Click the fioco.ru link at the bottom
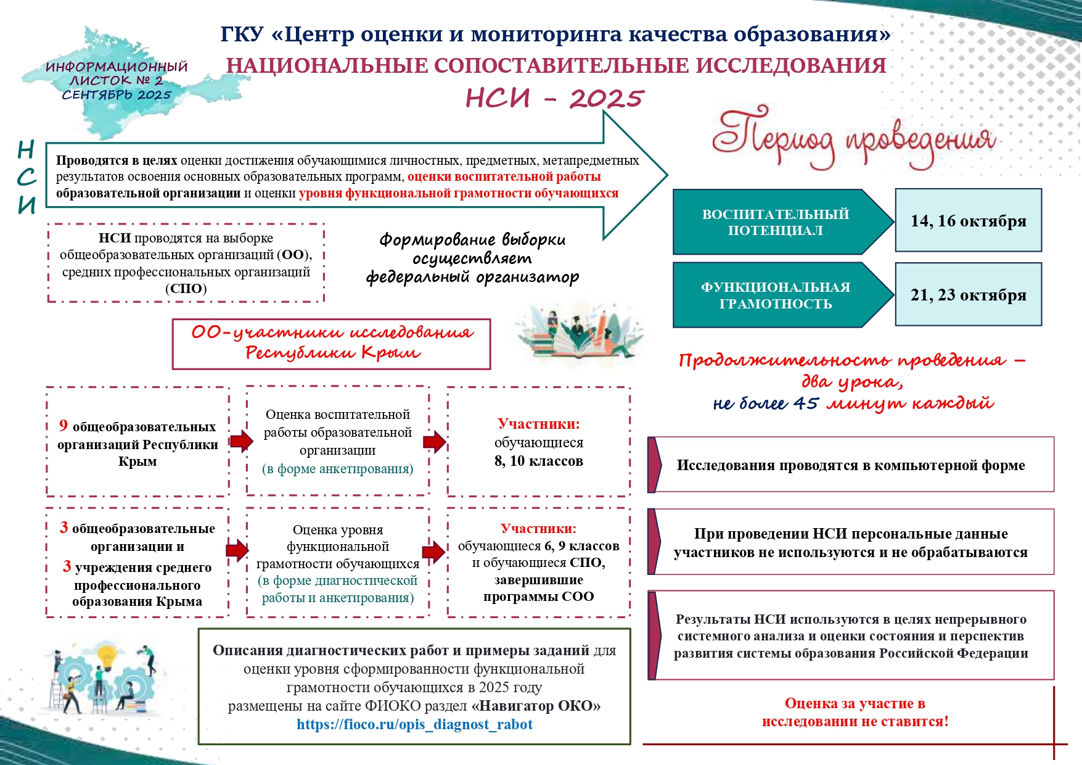point(414,724)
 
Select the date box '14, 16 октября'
point(968,221)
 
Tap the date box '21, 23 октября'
point(968,295)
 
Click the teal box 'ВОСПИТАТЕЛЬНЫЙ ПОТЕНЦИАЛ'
point(776,222)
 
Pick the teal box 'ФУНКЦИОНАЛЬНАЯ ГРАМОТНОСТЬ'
point(776,296)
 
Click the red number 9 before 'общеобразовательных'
point(64,426)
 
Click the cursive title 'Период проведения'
point(853,139)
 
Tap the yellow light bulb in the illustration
point(108,655)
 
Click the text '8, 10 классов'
point(538,461)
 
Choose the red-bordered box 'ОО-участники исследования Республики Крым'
point(332,344)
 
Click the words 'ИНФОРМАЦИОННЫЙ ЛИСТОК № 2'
point(117,73)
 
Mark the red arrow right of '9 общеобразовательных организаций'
point(240,440)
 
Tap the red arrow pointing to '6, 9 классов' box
point(434,552)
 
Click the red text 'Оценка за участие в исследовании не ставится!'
point(855,713)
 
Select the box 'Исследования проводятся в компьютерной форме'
point(851,465)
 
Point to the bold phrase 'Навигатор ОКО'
point(536,706)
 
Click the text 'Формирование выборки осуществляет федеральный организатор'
point(472,258)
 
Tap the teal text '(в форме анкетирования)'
point(338,469)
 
